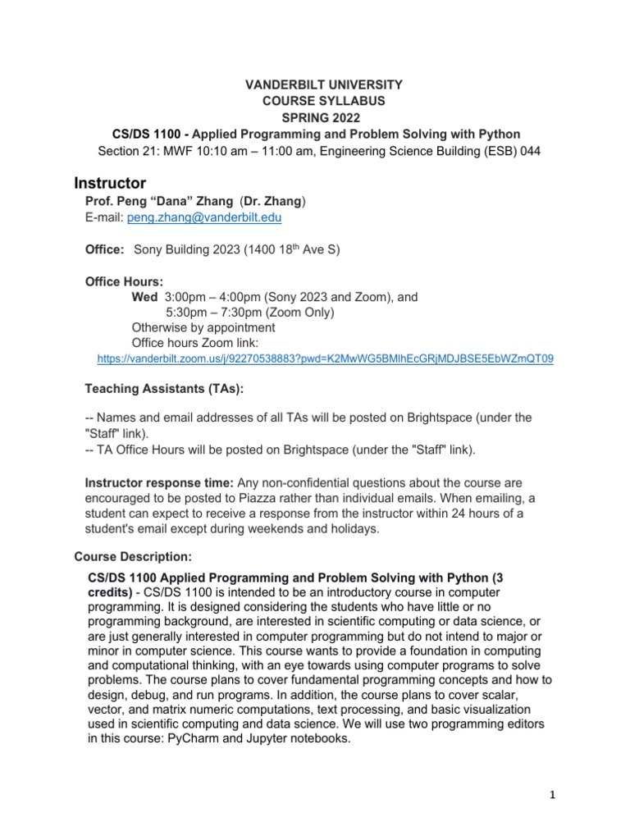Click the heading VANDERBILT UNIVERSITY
(x=315, y=84)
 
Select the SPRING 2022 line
(x=315, y=117)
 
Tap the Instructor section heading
(x=110, y=182)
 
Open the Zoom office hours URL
(x=325, y=358)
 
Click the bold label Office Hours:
(x=124, y=281)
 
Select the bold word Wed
(x=144, y=297)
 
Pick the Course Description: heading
(x=133, y=556)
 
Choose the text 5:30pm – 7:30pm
(x=217, y=313)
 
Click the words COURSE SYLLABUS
(x=315, y=101)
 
